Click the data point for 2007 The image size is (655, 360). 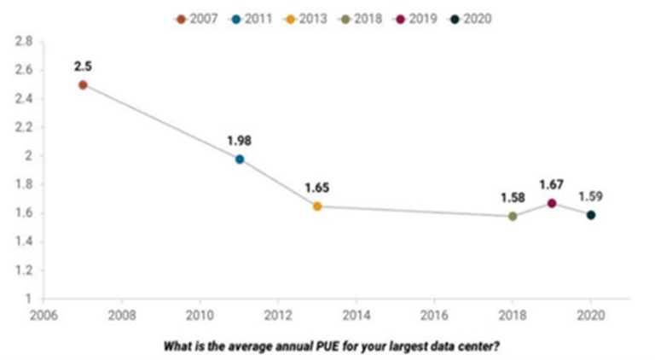click(83, 84)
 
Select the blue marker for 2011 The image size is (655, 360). click(240, 159)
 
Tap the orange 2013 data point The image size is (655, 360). click(317, 206)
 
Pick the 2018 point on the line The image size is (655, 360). click(513, 216)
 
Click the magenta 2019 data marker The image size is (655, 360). click(552, 203)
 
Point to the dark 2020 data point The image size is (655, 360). click(590, 214)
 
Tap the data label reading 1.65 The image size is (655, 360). click(318, 187)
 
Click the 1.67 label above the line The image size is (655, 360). click(552, 184)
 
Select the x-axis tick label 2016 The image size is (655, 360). click(434, 313)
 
